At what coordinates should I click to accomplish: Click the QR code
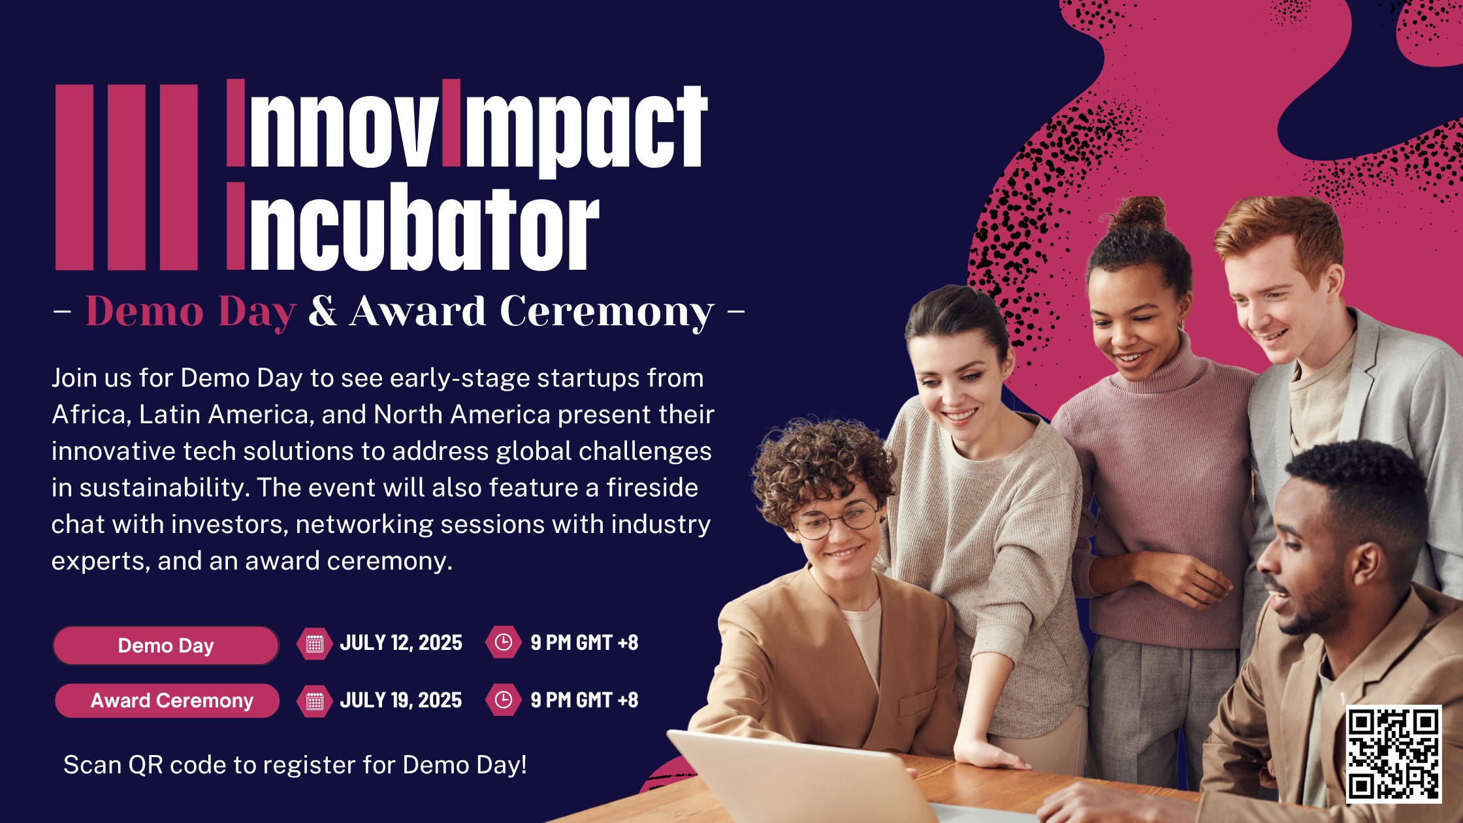[x=1394, y=754]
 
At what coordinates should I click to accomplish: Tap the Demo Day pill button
[x=166, y=645]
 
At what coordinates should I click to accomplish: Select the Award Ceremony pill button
[x=167, y=701]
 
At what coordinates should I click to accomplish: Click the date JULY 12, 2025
[x=401, y=643]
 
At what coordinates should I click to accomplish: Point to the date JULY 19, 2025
[x=401, y=700]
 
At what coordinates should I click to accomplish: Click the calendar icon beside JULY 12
[x=315, y=643]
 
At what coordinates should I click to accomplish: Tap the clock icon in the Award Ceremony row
[x=504, y=700]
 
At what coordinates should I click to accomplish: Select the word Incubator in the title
[x=413, y=226]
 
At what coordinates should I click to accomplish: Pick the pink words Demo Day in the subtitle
[x=191, y=312]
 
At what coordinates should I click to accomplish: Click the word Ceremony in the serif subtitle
[x=607, y=312]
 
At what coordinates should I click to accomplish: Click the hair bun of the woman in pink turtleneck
[x=1140, y=214]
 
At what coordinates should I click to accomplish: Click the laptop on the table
[x=803, y=777]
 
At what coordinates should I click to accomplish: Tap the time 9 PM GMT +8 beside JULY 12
[x=585, y=643]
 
